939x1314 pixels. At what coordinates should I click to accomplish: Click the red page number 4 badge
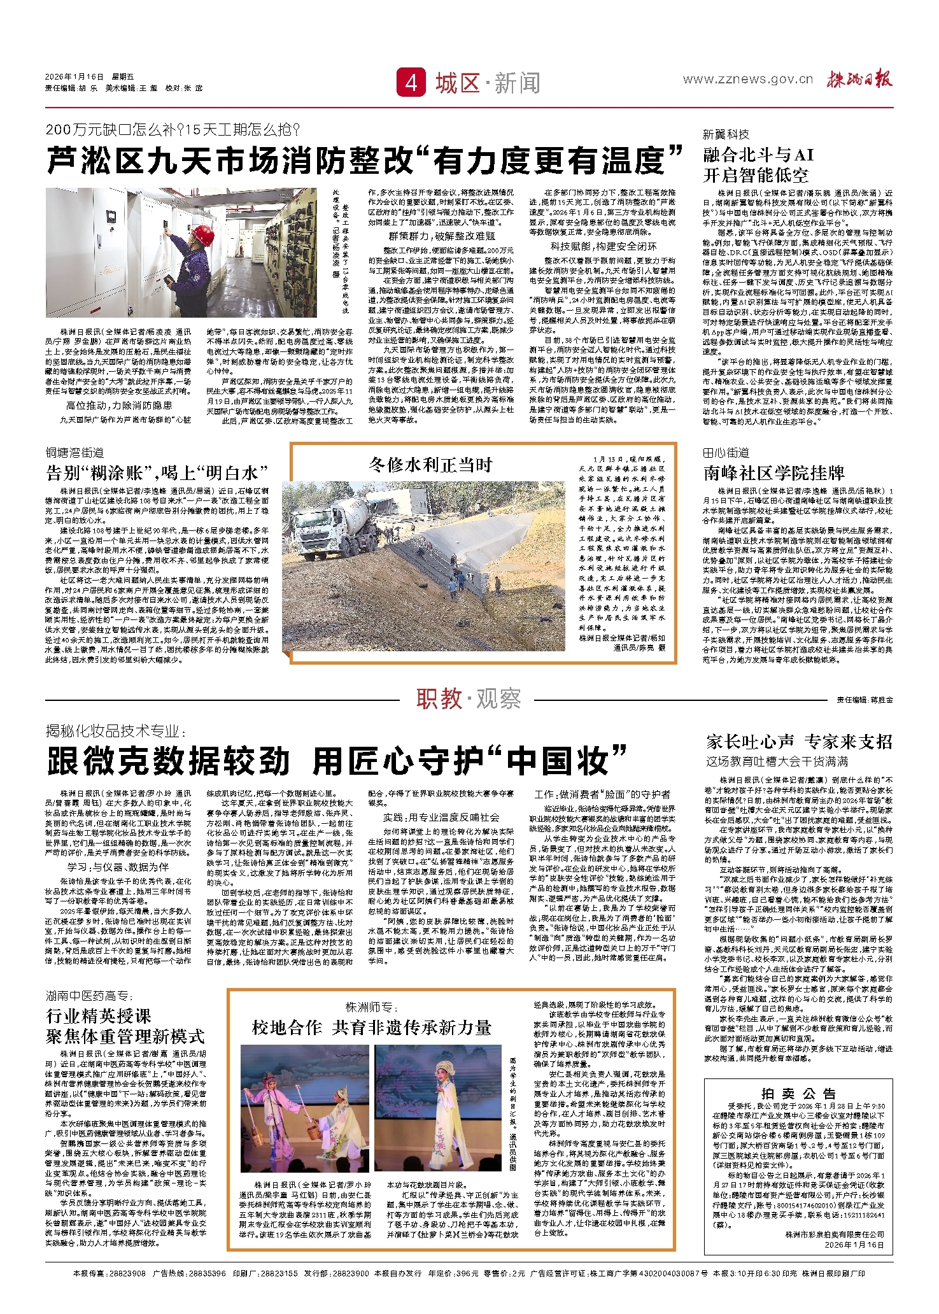pos(411,83)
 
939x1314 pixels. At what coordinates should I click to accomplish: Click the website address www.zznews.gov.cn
pos(747,80)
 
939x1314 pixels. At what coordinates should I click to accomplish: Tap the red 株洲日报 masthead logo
pos(859,80)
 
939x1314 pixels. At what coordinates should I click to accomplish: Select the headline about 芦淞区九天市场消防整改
pos(365,160)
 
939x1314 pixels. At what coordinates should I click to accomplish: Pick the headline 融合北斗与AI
pos(758,155)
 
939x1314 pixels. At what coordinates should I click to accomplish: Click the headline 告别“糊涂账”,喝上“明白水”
pos(157,472)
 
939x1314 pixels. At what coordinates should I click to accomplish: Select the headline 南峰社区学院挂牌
pos(773,472)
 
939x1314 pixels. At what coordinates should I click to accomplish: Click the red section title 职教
pos(439,698)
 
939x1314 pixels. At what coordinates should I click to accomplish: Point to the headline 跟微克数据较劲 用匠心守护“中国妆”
pos(337,761)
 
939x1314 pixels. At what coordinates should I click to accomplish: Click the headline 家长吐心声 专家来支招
pos(799,742)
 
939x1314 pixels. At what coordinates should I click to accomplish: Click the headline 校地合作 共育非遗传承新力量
pos(372,1028)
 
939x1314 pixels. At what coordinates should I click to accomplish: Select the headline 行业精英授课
pos(98,1015)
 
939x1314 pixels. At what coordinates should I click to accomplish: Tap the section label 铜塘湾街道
pos(74,453)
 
